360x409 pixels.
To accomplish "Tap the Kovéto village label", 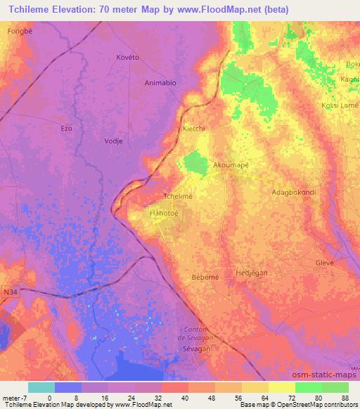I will [x=129, y=58].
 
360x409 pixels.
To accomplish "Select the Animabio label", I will [x=160, y=82].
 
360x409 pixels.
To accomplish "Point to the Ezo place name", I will [x=67, y=128].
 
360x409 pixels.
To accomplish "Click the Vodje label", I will [x=114, y=141].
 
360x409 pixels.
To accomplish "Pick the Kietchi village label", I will [x=193, y=129].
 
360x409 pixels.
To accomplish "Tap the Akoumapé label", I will [x=231, y=165].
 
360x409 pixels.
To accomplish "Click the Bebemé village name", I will [x=205, y=277].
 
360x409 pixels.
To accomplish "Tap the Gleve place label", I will [x=325, y=262].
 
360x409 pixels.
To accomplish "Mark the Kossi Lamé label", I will [x=340, y=105].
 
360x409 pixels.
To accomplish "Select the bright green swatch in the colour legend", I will [x=308, y=387].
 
